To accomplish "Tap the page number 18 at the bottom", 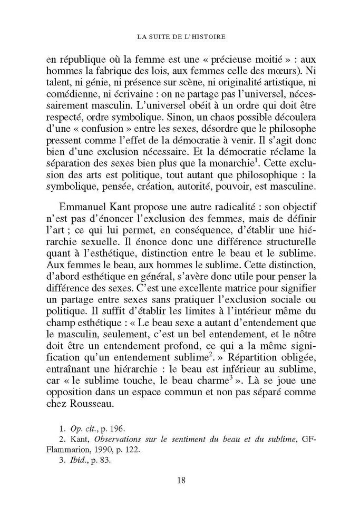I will pos(180,480).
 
